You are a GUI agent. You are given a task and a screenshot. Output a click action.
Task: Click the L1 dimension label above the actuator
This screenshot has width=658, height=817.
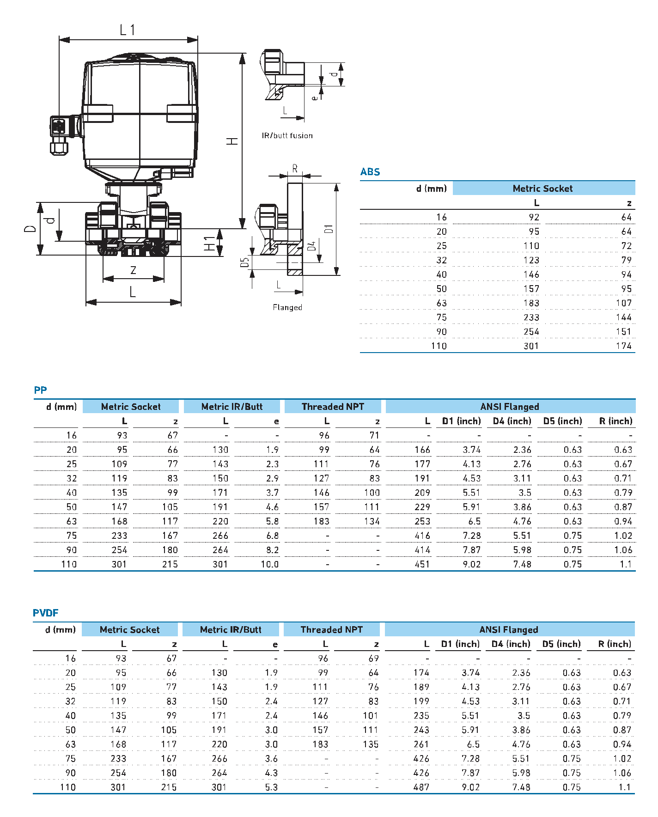128,30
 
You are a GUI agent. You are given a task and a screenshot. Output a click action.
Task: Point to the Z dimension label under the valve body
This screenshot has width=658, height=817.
133,270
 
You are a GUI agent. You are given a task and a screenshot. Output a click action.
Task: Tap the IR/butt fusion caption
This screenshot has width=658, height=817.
287,135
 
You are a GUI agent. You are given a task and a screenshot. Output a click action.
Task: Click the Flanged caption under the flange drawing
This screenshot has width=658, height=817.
287,307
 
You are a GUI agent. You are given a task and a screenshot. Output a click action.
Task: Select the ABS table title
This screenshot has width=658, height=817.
370,172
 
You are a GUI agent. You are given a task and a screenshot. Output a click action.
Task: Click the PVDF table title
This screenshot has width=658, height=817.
45,613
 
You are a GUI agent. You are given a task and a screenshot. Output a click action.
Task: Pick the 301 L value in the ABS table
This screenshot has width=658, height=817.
531,346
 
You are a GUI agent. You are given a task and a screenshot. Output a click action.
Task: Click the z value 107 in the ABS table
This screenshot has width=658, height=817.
623,303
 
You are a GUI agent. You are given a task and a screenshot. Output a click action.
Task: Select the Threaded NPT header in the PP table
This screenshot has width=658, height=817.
333,407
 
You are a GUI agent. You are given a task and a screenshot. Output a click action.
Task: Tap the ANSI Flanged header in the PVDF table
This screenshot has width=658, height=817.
508,629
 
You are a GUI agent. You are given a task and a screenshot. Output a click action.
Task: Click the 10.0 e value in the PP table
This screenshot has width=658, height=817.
269,564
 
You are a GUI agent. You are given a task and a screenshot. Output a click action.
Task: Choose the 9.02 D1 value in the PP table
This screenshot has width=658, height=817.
472,564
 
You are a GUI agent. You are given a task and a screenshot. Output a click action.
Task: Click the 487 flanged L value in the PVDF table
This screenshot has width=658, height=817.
421,787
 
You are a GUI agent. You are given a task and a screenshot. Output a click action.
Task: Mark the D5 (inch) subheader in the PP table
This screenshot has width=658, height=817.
562,421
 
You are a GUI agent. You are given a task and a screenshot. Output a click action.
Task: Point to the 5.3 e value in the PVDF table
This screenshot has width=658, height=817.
271,787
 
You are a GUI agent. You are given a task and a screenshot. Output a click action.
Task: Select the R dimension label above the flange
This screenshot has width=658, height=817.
295,169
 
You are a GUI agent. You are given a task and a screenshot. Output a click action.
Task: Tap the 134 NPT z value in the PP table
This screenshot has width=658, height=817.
372,521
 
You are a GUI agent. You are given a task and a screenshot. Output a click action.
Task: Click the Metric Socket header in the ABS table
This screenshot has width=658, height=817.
542,189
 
